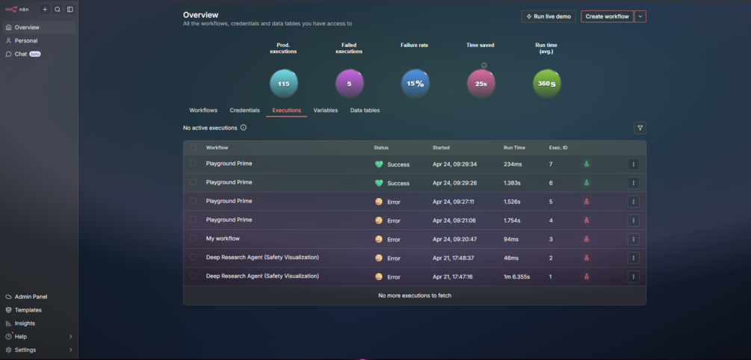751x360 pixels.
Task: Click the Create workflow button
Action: pos(607,16)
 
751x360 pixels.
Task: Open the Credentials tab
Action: pos(245,110)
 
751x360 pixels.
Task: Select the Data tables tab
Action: pos(365,110)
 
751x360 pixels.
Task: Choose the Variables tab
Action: pos(326,110)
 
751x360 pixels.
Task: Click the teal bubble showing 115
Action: pos(283,84)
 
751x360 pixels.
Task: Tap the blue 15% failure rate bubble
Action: pos(415,84)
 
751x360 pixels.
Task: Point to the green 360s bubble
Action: pos(546,84)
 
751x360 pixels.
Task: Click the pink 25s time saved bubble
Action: pos(481,84)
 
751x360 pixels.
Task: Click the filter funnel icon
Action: pos(640,128)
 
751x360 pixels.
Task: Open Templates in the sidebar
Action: pos(28,310)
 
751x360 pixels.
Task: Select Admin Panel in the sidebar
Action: pos(31,297)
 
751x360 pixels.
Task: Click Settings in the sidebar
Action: pos(25,350)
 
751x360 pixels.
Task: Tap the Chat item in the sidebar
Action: pos(21,54)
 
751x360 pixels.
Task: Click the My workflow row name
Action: pos(223,238)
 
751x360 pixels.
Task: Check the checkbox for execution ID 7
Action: pos(193,164)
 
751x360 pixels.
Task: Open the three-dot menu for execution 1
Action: pos(633,276)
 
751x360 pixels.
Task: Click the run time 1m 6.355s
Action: pos(517,276)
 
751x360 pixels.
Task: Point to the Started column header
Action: pos(441,148)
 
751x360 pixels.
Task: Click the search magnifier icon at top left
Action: pos(58,9)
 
